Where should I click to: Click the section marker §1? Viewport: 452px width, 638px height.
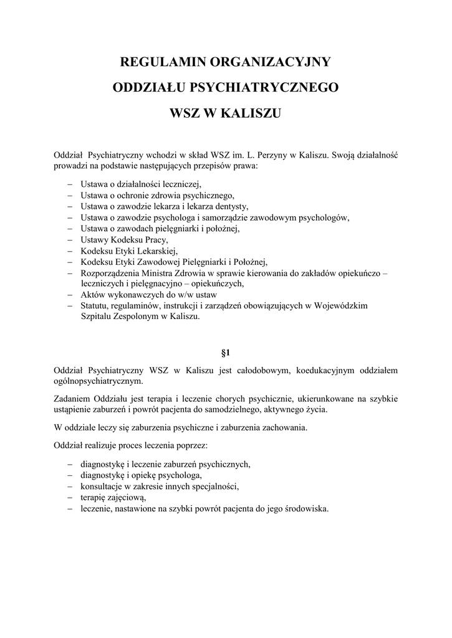226,353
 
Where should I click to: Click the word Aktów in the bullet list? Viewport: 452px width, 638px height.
93,294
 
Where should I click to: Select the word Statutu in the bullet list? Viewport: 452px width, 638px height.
95,305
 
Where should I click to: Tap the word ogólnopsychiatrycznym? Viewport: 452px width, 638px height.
99,381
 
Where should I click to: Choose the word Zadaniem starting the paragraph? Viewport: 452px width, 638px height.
74,399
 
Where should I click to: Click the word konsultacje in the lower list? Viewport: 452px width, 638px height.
103,486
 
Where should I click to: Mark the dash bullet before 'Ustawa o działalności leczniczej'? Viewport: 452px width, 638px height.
69,185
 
